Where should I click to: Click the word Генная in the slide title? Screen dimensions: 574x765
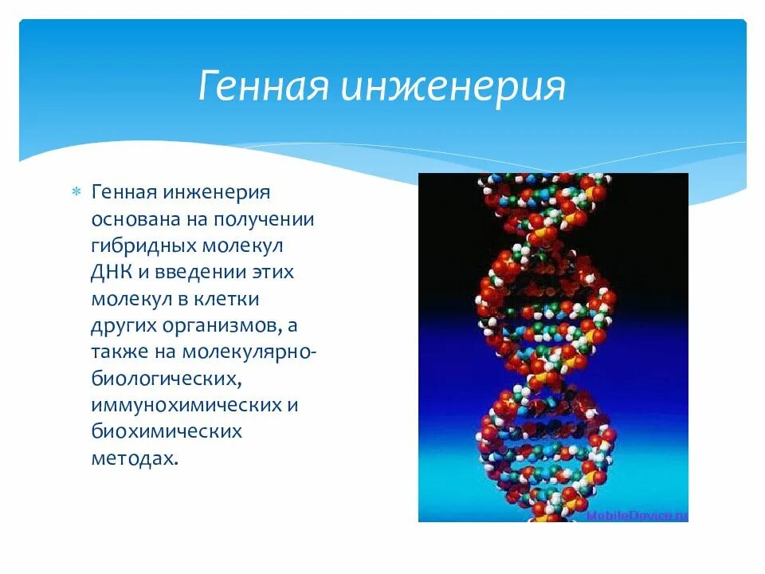tap(263, 85)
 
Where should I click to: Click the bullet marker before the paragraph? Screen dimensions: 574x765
tap(76, 192)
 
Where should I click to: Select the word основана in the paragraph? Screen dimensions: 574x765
tap(132, 219)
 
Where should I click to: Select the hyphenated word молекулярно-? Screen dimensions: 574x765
tap(253, 352)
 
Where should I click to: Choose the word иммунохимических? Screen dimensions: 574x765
tap(185, 405)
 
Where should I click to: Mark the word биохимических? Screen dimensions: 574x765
tap(166, 431)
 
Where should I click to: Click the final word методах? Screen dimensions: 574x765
tap(131, 458)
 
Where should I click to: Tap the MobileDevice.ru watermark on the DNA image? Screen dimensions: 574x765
tap(637, 515)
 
